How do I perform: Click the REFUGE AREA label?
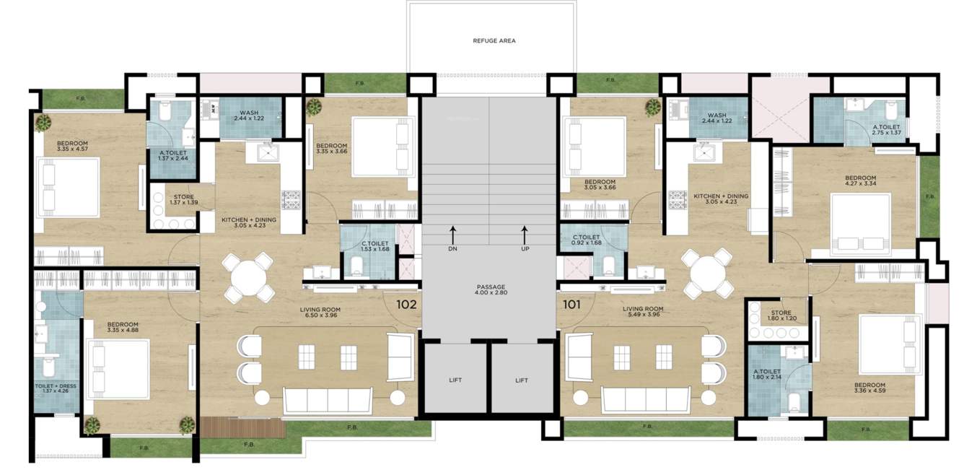pyautogui.click(x=494, y=41)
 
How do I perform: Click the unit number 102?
pyautogui.click(x=407, y=304)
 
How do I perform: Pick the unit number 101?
pyautogui.click(x=571, y=304)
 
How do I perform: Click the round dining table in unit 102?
pyautogui.click(x=247, y=276)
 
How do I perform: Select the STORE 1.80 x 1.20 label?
pyautogui.click(x=781, y=315)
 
